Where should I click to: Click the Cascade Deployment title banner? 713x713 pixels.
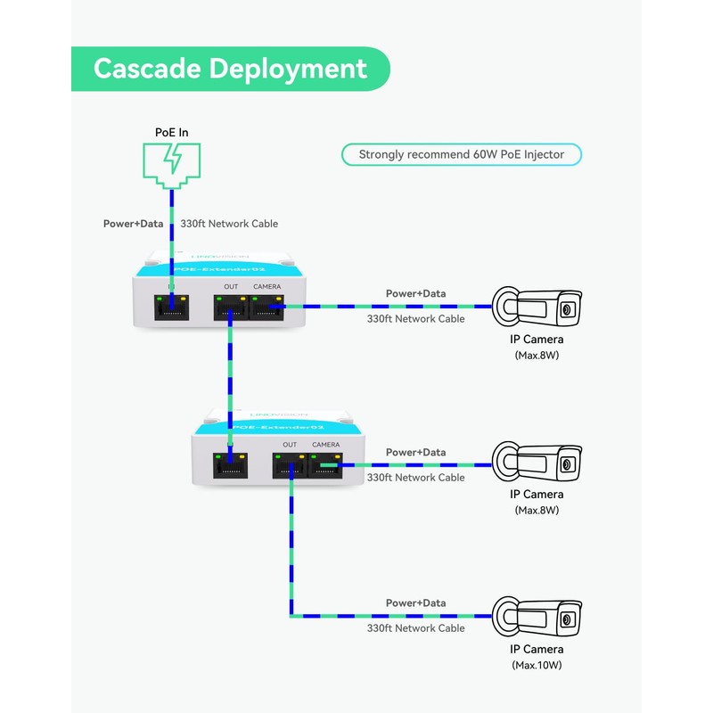click(230, 69)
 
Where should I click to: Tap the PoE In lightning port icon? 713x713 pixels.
click(171, 164)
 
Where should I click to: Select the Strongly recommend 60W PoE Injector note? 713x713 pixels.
click(461, 154)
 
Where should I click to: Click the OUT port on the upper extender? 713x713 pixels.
click(231, 308)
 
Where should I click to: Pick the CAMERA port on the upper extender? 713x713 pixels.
click(266, 308)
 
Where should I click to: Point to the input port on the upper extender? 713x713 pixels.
click(171, 308)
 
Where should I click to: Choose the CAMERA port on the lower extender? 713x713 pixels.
click(325, 466)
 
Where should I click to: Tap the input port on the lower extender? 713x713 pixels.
click(230, 466)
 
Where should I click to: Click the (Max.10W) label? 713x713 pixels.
click(537, 665)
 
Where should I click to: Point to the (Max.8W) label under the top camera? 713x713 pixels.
click(537, 355)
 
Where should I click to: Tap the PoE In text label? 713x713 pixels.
click(171, 133)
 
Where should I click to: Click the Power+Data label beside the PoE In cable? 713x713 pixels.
click(133, 224)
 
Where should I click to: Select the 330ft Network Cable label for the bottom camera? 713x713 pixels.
click(415, 628)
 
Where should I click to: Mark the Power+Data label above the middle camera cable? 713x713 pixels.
click(415, 453)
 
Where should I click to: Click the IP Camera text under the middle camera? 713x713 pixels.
click(537, 495)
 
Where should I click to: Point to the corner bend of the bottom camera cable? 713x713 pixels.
click(291, 615)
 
